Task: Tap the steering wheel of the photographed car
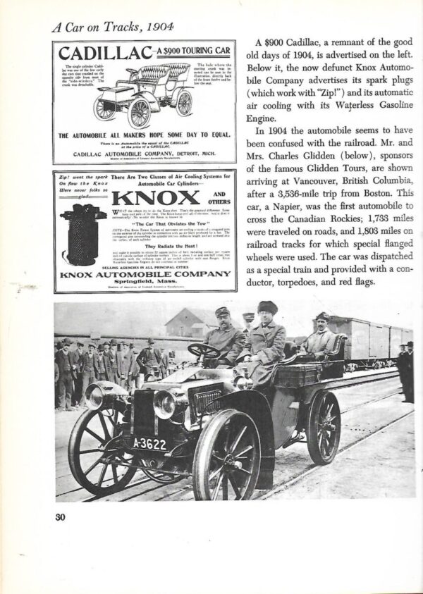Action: point(204,350)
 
